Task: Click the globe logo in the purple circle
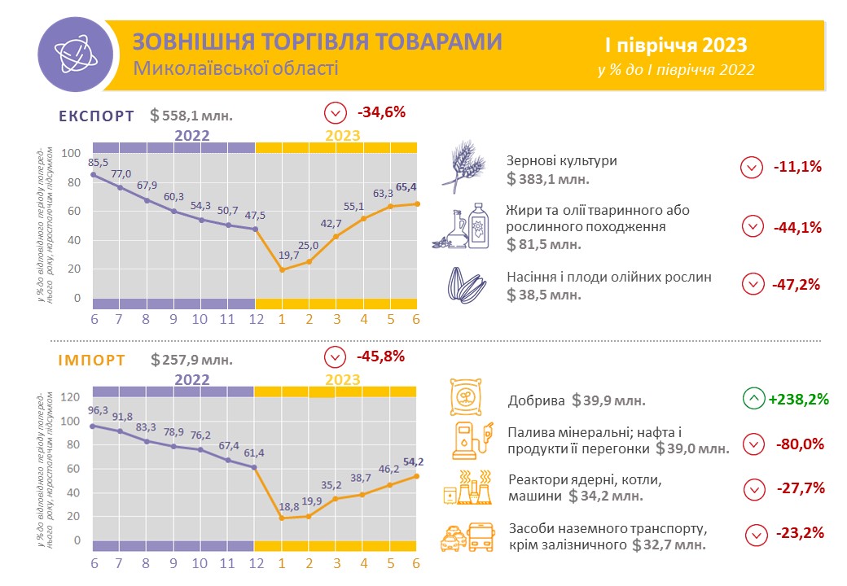[72, 51]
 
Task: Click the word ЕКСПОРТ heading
[96, 116]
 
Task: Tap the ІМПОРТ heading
[91, 359]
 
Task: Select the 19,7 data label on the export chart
[283, 256]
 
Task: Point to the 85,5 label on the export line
[99, 161]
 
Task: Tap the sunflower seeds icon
[467, 285]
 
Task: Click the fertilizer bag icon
[467, 397]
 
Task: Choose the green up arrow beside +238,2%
[753, 399]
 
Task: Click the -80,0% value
[802, 444]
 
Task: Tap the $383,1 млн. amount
[547, 178]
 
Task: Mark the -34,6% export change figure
[381, 112]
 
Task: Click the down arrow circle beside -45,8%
[335, 356]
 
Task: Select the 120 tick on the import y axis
[72, 397]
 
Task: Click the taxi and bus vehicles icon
[466, 536]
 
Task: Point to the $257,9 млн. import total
[191, 359]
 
